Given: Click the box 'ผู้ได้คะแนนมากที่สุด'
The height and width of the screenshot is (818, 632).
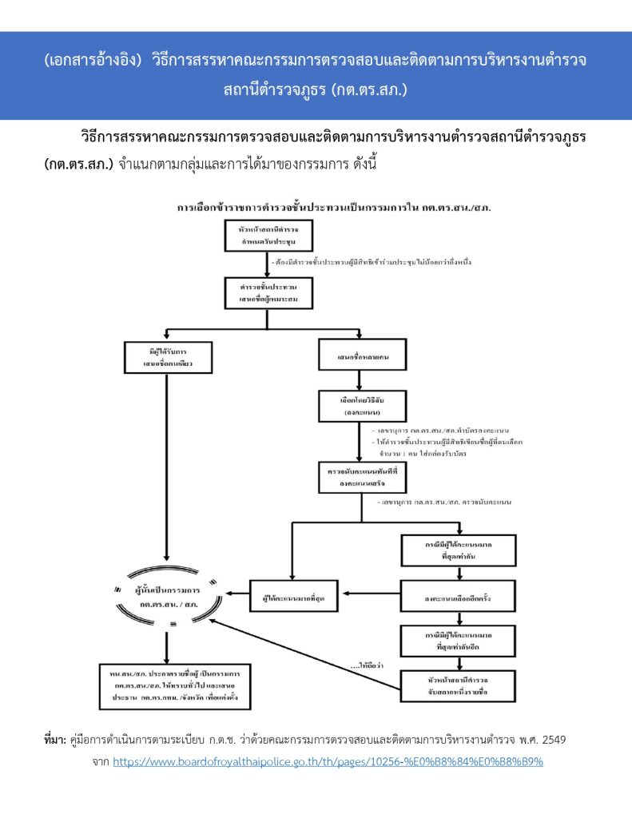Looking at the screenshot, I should [x=293, y=595].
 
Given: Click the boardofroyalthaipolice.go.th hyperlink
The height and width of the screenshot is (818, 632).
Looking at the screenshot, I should [x=328, y=762].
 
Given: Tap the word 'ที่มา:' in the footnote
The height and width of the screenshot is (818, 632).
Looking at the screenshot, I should [x=58, y=741].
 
